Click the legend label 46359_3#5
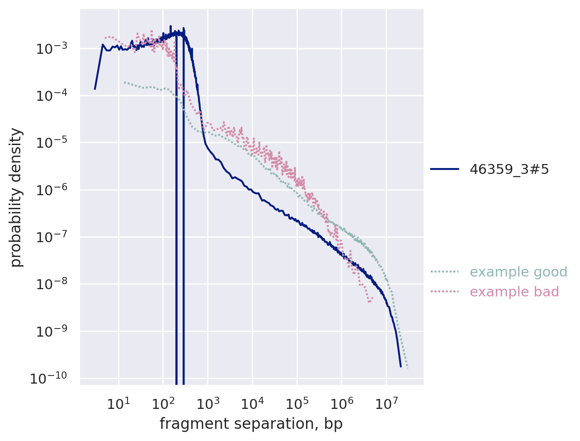coord(509,169)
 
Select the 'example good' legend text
coord(519,272)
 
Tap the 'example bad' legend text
coord(514,292)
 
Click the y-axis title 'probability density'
coord(16,197)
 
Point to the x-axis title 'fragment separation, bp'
coord(251,424)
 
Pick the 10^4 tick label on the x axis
coord(252,403)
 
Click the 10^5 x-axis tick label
coord(297,403)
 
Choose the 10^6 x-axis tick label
coord(341,403)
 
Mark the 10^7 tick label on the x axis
coord(386,403)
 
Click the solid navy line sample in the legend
coord(444,169)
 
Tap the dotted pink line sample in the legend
coord(444,292)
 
